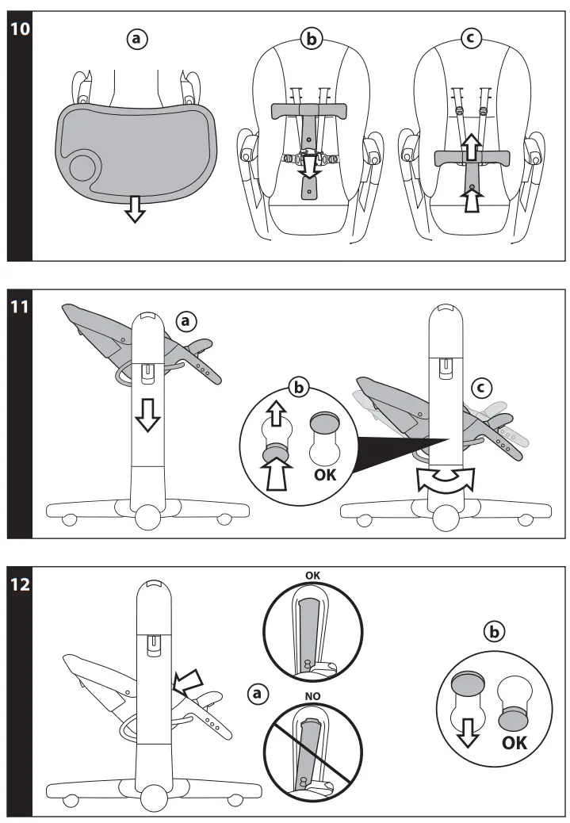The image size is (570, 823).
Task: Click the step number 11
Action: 19,306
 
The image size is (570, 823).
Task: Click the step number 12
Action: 19,586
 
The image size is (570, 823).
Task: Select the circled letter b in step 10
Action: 312,39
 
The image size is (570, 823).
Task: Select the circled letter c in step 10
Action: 472,39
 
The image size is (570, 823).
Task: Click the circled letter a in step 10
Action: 140,39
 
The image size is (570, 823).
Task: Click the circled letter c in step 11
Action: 480,388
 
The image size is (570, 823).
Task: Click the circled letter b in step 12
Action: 493,633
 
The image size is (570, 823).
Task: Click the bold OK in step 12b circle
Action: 513,743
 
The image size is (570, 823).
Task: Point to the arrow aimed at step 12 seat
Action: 189,678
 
